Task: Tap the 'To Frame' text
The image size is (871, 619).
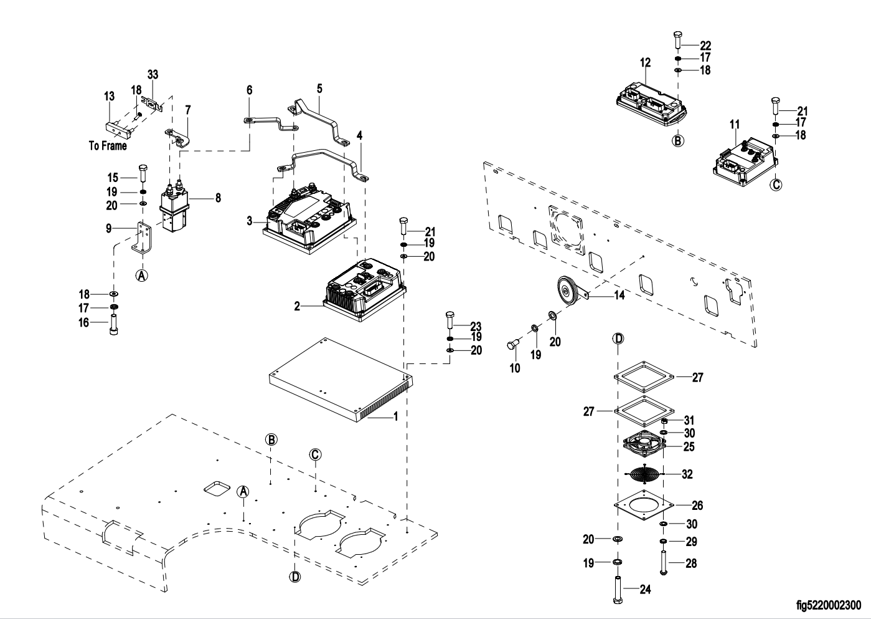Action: [x=107, y=146]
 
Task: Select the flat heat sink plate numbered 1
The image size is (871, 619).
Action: [x=339, y=381]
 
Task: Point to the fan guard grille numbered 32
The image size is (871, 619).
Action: [x=643, y=474]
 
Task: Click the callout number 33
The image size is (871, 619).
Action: [x=153, y=74]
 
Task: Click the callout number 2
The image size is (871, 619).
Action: [x=297, y=306]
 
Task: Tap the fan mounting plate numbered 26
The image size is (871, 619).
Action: [x=644, y=505]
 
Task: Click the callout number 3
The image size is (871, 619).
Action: [x=249, y=221]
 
